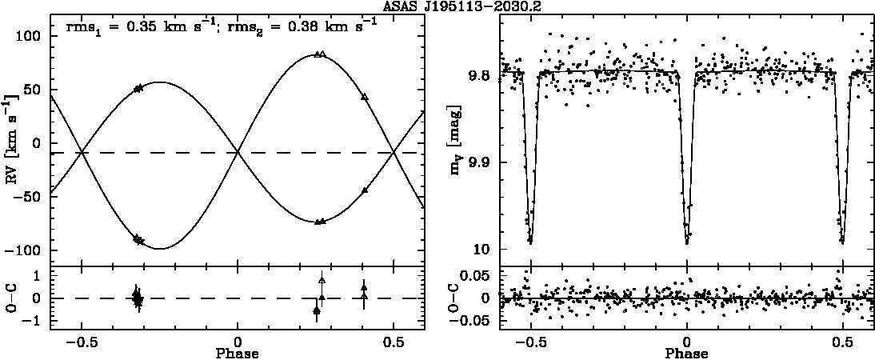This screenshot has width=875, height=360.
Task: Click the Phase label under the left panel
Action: [x=238, y=354]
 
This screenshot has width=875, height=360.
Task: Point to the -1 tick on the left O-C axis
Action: [x=41, y=322]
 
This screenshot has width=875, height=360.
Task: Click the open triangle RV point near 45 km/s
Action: [x=365, y=97]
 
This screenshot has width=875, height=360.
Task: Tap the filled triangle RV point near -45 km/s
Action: [x=365, y=190]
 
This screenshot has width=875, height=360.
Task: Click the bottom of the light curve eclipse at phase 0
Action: [x=687, y=242]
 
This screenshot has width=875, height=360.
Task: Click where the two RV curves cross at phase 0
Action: [x=238, y=152]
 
